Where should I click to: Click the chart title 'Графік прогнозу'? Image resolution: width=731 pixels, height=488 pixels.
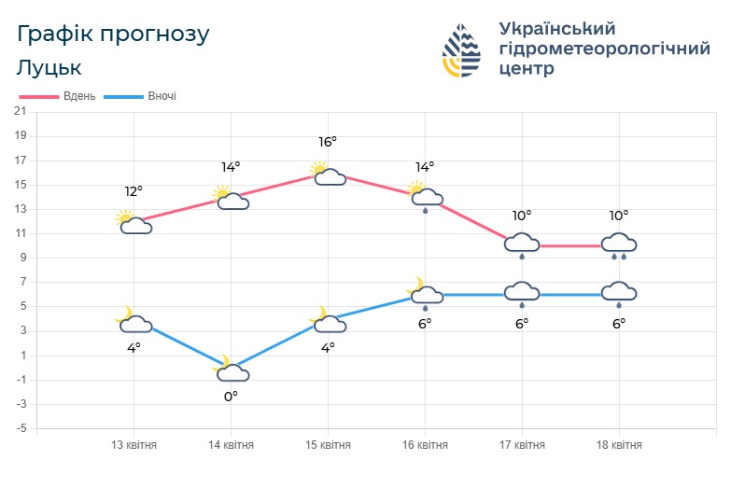coord(114,34)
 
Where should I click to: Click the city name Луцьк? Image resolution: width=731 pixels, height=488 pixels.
coord(49,68)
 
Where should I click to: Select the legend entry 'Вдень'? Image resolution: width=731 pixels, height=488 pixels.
coord(58,96)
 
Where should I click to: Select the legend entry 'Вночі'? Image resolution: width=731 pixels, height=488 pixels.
coord(140,96)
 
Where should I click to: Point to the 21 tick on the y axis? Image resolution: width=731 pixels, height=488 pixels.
coord(20,111)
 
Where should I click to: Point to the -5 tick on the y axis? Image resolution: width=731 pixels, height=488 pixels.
coord(20,429)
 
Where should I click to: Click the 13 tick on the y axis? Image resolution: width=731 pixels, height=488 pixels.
coord(20,209)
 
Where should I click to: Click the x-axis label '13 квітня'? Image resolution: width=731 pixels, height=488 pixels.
coord(134,445)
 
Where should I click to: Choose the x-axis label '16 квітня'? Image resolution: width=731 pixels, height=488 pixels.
coord(425,445)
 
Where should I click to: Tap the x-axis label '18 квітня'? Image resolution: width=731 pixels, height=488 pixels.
coord(619,445)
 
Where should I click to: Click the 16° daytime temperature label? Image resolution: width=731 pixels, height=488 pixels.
coord(328,142)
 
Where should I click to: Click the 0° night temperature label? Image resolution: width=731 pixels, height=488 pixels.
coord(231,396)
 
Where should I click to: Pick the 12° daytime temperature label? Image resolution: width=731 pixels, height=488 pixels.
coord(134,191)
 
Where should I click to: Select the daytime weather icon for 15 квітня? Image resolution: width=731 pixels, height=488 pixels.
coord(328,174)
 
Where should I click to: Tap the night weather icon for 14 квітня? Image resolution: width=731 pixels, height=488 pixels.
coord(231,370)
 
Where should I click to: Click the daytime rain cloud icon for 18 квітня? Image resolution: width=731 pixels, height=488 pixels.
coord(619,245)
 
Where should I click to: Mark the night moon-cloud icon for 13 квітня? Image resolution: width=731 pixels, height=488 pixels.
coord(134,321)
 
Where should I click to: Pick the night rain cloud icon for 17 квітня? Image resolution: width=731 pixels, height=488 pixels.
coord(522,295)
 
